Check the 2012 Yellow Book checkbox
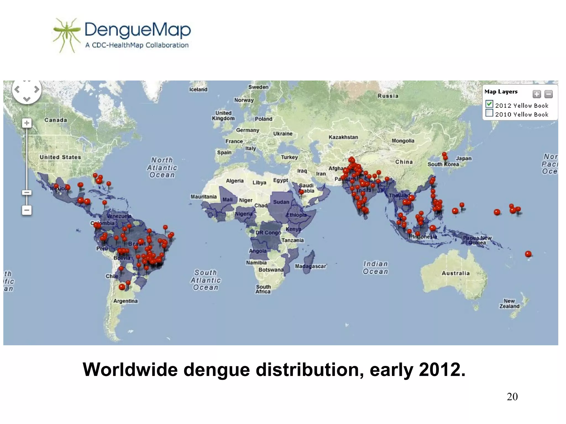click(489, 104)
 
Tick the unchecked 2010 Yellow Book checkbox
click(489, 113)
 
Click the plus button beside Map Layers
click(536, 94)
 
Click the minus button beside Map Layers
click(548, 94)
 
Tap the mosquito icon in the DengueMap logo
click(66, 35)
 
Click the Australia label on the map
click(455, 273)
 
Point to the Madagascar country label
click(311, 266)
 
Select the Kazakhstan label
click(343, 137)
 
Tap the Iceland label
click(198, 89)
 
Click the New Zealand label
click(509, 303)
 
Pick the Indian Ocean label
click(375, 267)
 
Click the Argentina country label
click(125, 301)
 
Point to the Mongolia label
click(403, 141)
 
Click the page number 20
click(512, 397)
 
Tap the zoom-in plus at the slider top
click(27, 123)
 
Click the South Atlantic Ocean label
click(206, 280)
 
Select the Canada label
click(56, 120)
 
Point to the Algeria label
click(235, 181)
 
